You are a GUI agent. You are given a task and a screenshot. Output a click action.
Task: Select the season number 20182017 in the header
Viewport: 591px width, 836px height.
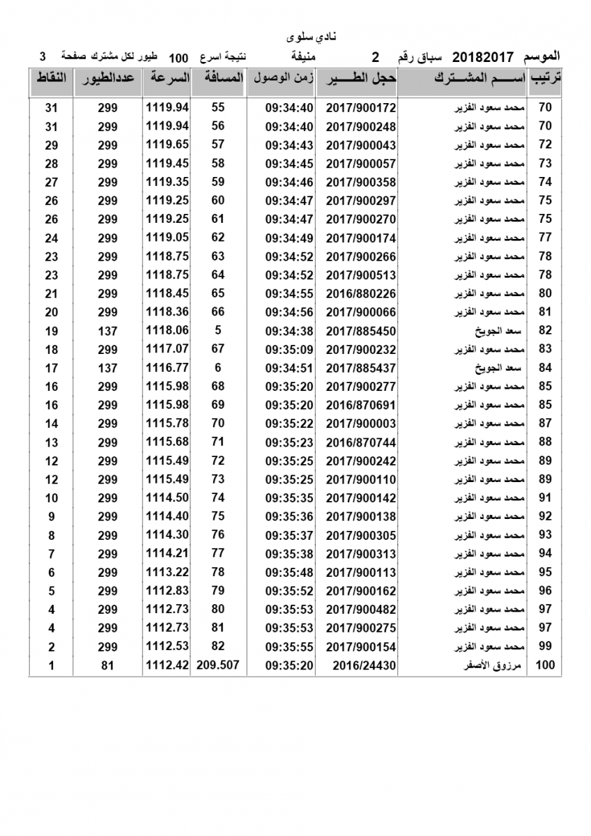coord(484,56)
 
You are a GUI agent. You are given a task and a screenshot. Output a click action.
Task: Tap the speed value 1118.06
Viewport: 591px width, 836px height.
coord(167,331)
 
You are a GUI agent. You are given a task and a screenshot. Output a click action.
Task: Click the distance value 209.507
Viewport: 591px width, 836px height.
coord(218,665)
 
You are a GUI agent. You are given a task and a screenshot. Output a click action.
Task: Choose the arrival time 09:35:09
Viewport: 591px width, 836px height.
coord(290,349)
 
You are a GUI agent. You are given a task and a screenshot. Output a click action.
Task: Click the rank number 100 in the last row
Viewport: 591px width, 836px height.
coord(545,665)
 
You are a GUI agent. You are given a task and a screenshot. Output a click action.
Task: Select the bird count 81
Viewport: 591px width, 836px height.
coord(107,665)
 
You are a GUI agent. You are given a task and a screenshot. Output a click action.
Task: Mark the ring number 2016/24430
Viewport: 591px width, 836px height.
coord(364,665)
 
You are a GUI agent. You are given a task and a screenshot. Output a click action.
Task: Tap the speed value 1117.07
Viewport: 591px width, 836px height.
coord(167,349)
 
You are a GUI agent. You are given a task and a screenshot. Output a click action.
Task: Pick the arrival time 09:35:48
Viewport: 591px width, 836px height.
coord(290,572)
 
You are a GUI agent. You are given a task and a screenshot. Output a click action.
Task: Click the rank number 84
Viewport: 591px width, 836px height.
coord(545,368)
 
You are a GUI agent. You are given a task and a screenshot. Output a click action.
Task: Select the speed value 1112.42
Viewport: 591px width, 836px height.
coord(167,665)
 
